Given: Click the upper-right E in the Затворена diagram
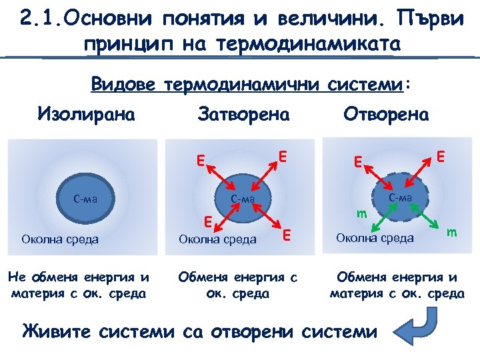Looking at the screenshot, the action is [283, 156].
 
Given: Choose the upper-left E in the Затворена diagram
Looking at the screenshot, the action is [199, 160].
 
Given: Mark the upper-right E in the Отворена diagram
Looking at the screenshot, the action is [441, 156].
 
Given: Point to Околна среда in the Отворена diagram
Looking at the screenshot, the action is [375, 237].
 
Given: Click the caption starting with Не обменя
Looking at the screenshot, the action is [77, 284].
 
